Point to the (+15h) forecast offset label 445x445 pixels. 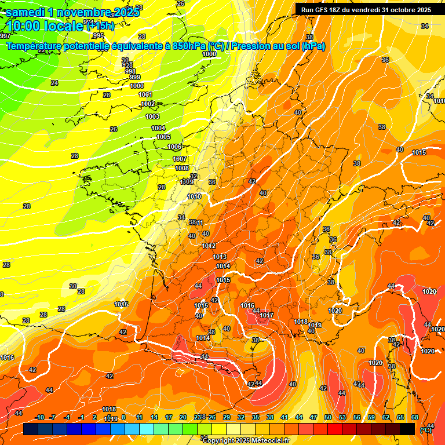tap(100, 26)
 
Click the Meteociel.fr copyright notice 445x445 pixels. tap(246, 441)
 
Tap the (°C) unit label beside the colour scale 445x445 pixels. tap(425, 431)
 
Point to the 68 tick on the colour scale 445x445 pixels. tap(414, 417)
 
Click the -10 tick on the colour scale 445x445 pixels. tap(39, 417)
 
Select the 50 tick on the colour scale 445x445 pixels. tap(327, 417)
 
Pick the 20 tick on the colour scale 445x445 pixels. tap(183, 417)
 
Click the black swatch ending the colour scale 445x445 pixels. tap(407, 429)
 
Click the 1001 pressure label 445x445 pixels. tap(145, 94)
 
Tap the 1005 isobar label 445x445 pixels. tap(163, 137)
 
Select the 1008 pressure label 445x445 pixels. tap(181, 168)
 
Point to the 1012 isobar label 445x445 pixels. tap(209, 246)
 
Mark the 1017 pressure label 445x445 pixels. tap(266, 316)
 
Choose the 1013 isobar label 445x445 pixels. tap(220, 257)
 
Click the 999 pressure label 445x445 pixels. tap(135, 77)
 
